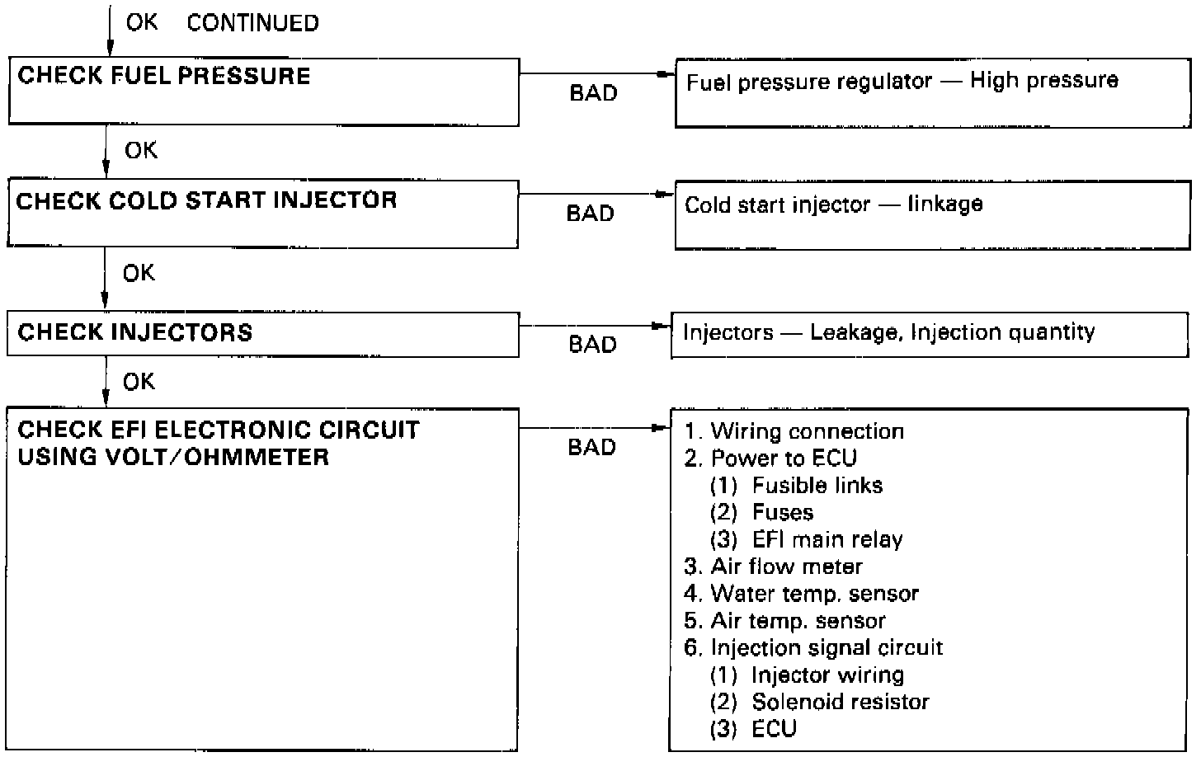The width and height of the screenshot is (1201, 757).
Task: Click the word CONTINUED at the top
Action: [252, 23]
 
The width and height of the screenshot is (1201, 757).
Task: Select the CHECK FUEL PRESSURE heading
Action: [164, 76]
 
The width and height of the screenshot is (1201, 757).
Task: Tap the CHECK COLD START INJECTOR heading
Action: [206, 200]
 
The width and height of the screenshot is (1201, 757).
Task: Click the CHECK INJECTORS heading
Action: [134, 332]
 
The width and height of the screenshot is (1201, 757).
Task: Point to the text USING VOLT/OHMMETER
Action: [173, 457]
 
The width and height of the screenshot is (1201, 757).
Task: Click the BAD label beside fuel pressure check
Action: [593, 93]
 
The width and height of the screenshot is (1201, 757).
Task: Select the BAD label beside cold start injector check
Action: [591, 214]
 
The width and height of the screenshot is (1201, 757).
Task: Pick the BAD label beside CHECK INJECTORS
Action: [592, 344]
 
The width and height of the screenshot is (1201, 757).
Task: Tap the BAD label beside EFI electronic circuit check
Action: [592, 448]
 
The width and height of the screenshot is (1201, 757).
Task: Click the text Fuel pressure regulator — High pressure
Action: [902, 81]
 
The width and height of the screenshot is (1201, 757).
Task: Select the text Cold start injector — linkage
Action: [833, 205]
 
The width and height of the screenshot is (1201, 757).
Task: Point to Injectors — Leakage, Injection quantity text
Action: [888, 332]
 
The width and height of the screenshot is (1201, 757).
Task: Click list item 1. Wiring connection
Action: [794, 431]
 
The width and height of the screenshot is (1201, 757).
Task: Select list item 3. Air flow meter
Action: [773, 567]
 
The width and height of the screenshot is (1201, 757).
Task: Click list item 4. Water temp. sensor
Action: [801, 594]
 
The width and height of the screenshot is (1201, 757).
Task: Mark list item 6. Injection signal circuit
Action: [813, 647]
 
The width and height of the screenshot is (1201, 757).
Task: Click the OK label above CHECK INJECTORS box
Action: [138, 273]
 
